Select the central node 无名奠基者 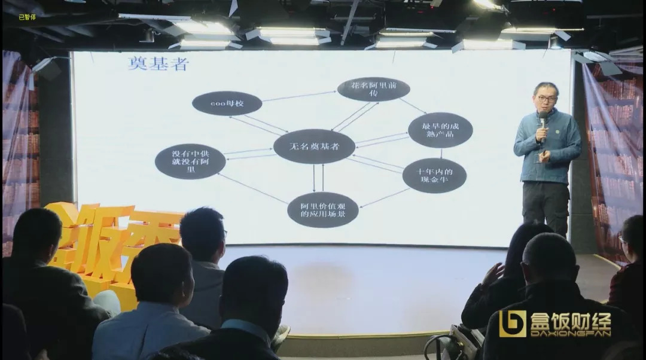point(314,147)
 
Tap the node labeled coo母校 point(227,103)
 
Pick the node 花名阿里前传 point(373,89)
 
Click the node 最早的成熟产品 point(440,130)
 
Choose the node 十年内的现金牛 point(434,175)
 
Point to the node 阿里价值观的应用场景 point(322,209)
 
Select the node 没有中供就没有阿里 point(190,161)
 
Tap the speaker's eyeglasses point(547,99)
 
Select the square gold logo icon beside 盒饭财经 point(513,324)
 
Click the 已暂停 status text point(27,17)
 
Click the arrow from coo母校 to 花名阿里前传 point(299,96)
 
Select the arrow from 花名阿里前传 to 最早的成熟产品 point(413,106)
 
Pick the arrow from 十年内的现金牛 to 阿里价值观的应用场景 point(384,198)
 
